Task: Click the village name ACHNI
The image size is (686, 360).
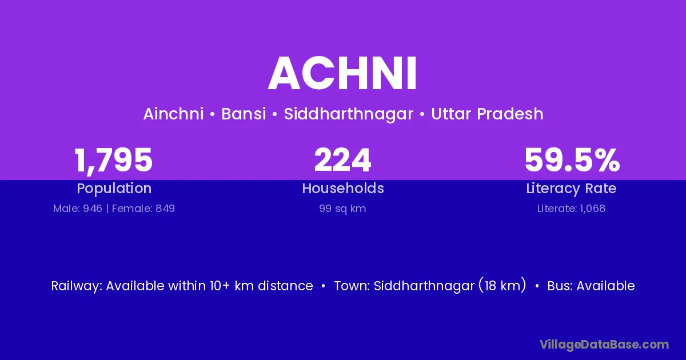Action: coord(342,74)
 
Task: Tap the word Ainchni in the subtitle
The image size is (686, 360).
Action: coord(173,114)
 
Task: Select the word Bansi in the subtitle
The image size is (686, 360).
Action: coord(244,114)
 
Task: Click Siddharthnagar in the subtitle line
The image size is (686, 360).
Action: coord(349,114)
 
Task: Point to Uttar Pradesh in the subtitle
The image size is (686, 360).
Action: coord(487,114)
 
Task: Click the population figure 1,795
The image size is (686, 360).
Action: coord(113,161)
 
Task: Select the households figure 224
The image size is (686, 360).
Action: coord(342,160)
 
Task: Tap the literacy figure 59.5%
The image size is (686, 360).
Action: coord(572,160)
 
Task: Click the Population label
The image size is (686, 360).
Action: coord(114,189)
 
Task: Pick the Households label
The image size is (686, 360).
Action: coord(343,188)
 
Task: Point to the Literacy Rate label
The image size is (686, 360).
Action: coord(571,189)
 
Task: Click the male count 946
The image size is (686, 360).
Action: coord(93,209)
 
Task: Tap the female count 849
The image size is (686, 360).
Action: coord(165,209)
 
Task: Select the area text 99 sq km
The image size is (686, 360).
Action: coord(342,209)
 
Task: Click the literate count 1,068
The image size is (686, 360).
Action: coord(592,209)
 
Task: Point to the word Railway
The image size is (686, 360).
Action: coord(75,286)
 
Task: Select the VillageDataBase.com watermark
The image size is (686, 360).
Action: coord(604,345)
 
